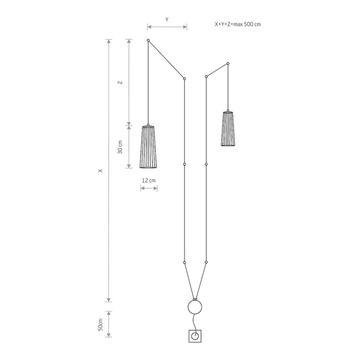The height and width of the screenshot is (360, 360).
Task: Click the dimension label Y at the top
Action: tap(167, 19)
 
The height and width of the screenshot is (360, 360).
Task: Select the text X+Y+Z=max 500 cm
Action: tap(238, 24)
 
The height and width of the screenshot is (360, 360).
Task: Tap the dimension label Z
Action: tap(120, 83)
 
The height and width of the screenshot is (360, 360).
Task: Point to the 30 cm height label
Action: tap(120, 147)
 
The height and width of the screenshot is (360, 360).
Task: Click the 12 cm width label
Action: tap(149, 181)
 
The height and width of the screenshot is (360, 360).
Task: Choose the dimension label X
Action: tap(100, 171)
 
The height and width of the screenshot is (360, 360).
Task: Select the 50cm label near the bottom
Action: tap(100, 324)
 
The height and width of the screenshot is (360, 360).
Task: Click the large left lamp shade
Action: tap(148, 147)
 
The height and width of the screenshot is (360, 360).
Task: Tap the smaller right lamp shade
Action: tap(228, 129)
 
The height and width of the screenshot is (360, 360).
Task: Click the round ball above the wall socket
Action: tap(195, 307)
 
